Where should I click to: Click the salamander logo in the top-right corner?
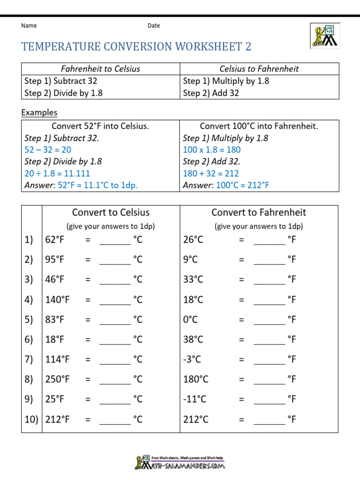(x=324, y=36)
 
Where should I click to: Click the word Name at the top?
(x=29, y=26)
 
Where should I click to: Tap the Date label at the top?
(x=154, y=26)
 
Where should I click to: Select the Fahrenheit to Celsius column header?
(x=101, y=69)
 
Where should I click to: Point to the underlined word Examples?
(x=39, y=112)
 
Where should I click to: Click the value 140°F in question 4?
(x=57, y=300)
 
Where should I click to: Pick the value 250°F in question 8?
(x=57, y=379)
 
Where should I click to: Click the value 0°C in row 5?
(x=190, y=320)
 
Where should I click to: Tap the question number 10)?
(x=31, y=420)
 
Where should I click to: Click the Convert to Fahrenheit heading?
(x=259, y=212)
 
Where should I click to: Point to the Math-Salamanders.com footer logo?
(x=180, y=463)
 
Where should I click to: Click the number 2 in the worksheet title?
(x=248, y=46)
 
